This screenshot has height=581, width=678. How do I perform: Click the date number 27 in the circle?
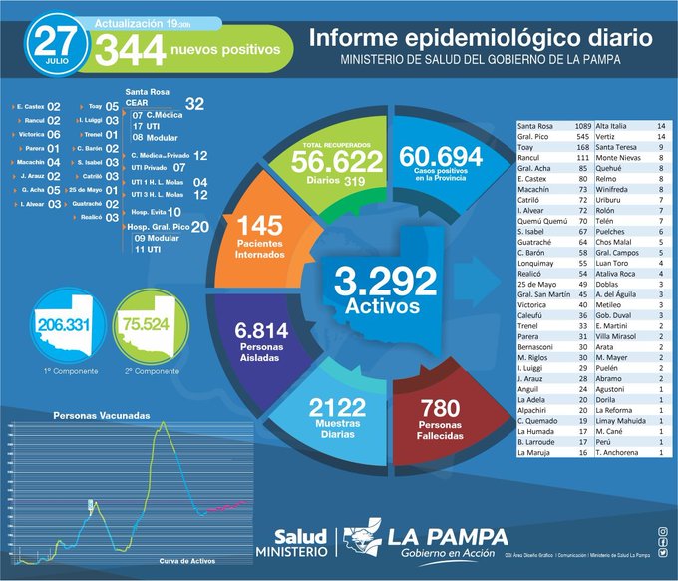55,39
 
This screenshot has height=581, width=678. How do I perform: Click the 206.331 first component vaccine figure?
64,325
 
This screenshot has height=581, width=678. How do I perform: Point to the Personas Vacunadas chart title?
102,413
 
